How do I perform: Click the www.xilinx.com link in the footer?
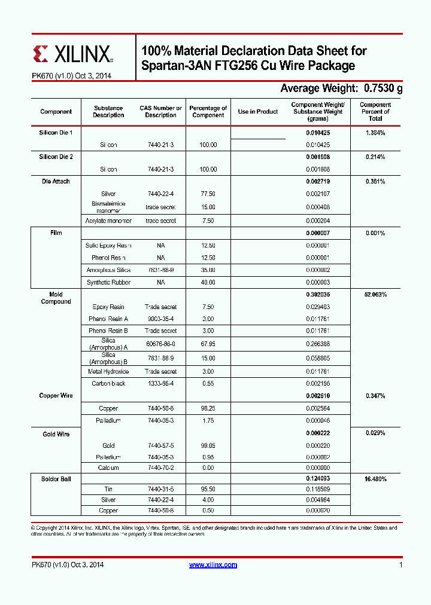(x=213, y=565)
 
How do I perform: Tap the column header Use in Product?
(x=258, y=112)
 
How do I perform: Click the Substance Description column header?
(x=108, y=112)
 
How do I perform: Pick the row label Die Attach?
(x=56, y=181)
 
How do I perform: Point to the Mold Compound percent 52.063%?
(x=375, y=295)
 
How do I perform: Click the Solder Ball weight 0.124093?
(x=317, y=479)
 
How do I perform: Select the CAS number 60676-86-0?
(x=160, y=344)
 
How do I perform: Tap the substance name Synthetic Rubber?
(x=108, y=282)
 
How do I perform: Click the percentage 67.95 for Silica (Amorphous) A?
(x=208, y=344)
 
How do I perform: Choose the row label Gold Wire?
(x=56, y=434)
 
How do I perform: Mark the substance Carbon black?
(x=108, y=383)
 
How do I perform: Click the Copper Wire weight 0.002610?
(x=317, y=396)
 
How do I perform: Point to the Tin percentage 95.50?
(x=208, y=489)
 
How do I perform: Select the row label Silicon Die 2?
(x=56, y=157)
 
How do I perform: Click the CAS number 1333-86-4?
(x=160, y=383)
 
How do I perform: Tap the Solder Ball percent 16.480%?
(x=375, y=479)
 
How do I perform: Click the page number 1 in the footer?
(x=400, y=565)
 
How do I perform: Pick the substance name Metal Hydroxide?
(x=108, y=371)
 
